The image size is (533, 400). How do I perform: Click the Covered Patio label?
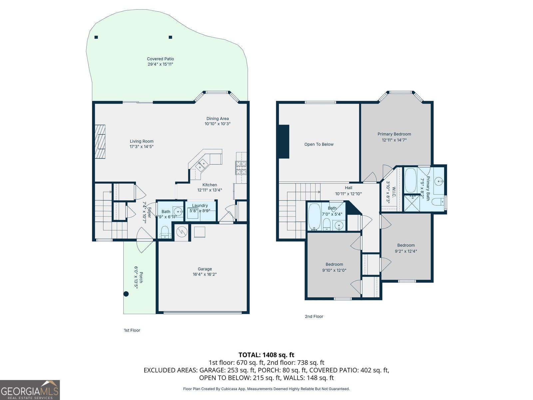pos(160,59)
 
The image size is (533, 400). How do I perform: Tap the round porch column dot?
pos(126,294)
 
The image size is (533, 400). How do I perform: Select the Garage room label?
pos(205,269)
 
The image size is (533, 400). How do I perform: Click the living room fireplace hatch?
pos(100,142)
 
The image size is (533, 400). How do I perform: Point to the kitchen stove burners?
pos(241,168)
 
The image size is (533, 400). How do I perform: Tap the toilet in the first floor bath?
pos(165,231)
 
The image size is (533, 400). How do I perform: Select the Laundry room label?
pos(200,206)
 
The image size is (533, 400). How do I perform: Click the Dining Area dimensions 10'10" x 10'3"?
pos(218,124)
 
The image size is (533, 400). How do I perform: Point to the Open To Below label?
pos(319,144)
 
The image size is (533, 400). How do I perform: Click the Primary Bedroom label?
pos(394,134)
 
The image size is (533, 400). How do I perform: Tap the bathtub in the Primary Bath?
pos(410,180)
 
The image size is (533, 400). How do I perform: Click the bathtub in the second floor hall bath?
pos(314,217)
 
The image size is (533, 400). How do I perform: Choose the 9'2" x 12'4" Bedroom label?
pos(406,245)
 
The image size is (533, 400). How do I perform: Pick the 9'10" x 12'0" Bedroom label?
pos(334,264)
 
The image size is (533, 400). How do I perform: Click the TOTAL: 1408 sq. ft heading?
pos(266,355)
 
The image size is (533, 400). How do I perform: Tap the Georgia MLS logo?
pos(30,390)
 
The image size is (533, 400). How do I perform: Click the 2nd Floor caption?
pos(314,316)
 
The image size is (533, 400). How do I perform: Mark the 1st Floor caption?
pos(132,330)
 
